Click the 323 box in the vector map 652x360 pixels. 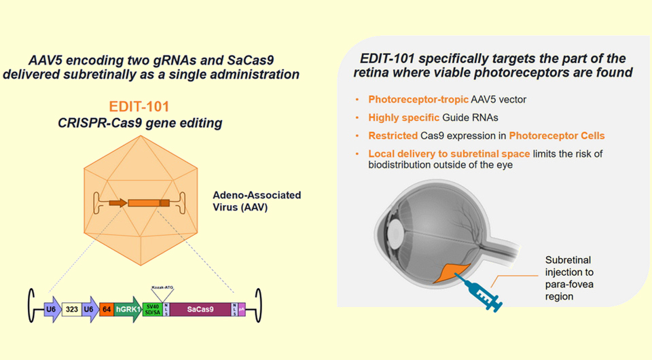(x=71, y=310)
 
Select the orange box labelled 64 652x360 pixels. (x=106, y=310)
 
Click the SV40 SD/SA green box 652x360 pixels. (x=153, y=310)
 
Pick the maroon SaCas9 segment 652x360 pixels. (x=200, y=310)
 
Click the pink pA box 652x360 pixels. (x=242, y=310)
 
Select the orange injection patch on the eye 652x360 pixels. (x=449, y=272)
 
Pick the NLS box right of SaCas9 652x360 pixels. (x=234, y=310)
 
